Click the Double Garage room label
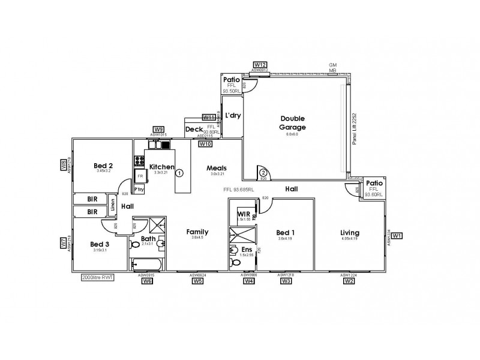pos(293,123)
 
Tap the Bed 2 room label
pos(104,166)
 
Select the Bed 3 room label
pos(100,244)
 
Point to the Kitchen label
pos(161,167)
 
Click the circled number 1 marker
pos(179,173)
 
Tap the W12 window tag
pos(260,64)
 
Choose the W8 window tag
pos(63,165)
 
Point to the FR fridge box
pos(140,176)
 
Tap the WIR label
pos(244,214)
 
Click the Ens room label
pos(247,249)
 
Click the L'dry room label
pos(232,116)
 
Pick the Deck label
pos(193,129)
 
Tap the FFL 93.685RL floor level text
pos(238,189)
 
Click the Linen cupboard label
pos(112,206)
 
